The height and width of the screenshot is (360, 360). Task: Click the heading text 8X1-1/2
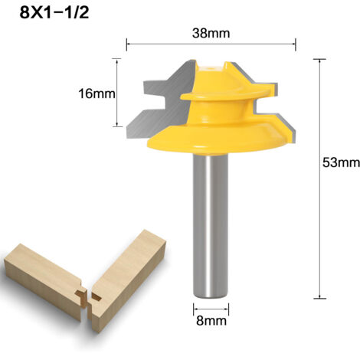point(54,13)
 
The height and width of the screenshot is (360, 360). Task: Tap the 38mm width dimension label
point(211,34)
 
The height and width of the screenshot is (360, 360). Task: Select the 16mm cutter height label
point(97,93)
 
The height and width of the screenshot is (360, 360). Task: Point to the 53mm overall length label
point(341,162)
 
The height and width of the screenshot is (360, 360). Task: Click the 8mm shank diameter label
point(211,321)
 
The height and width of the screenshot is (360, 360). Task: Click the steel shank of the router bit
point(211,226)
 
